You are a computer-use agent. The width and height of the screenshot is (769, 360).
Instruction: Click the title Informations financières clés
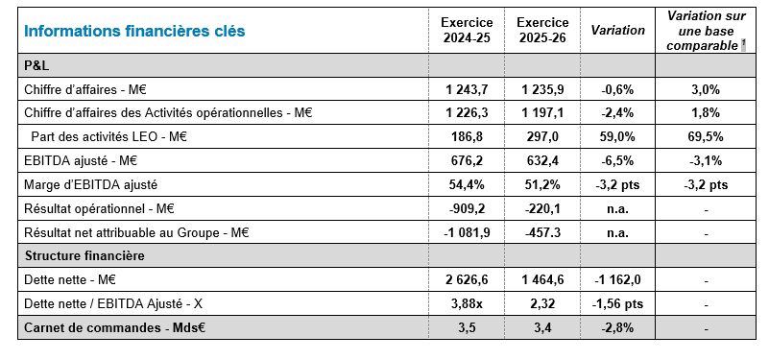tap(134, 31)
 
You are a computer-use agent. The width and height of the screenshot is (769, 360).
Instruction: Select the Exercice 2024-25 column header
tap(467, 31)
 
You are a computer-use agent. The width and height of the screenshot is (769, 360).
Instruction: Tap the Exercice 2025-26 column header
tap(543, 31)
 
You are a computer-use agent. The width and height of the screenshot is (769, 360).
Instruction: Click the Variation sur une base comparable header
tap(706, 31)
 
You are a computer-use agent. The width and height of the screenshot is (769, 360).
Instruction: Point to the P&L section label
tap(36, 65)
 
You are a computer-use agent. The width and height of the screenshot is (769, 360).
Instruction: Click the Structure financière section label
tap(84, 255)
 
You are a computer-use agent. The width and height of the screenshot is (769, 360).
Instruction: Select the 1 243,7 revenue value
tap(467, 89)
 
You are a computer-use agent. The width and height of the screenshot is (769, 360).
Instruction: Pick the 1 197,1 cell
tap(543, 113)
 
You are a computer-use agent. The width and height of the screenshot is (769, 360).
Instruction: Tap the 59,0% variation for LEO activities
tap(617, 137)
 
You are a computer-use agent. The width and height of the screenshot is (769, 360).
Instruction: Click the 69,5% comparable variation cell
tap(706, 137)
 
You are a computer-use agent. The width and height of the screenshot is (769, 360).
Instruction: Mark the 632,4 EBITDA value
tap(543, 161)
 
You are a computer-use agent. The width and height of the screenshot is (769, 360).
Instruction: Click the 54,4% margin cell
tap(467, 185)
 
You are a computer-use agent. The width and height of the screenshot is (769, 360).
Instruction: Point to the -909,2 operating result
tap(467, 209)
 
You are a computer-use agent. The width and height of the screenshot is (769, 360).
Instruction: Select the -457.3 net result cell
tap(543, 232)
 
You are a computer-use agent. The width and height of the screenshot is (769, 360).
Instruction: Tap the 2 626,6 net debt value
tap(467, 280)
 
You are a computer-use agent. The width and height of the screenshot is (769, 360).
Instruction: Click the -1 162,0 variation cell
tap(617, 280)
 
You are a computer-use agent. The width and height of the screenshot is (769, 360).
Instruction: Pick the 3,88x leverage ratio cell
tap(467, 304)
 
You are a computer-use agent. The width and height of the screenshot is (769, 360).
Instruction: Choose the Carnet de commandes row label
tap(115, 327)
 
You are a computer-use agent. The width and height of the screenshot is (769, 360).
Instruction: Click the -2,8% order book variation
tap(617, 327)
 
